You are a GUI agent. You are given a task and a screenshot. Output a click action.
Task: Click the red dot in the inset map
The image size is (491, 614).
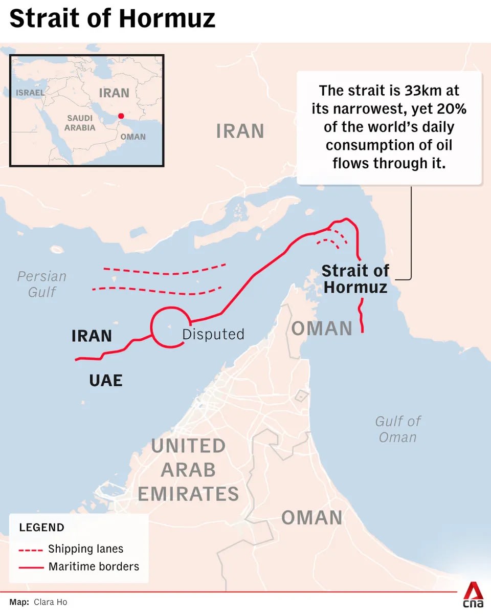121,116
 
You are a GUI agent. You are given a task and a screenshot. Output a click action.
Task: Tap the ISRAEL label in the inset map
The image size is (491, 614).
30,93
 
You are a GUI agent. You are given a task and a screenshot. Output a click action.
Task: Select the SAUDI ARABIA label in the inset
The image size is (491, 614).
80,123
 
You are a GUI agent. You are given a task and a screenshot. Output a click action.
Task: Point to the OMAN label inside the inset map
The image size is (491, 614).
133,137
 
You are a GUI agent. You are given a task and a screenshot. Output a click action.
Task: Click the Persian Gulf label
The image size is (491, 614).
42,284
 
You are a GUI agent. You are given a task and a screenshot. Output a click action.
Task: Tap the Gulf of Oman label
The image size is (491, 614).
398,429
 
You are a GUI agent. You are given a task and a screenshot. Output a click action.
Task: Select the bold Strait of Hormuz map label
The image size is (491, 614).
355,278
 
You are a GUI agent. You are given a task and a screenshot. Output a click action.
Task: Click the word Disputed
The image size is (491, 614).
213,334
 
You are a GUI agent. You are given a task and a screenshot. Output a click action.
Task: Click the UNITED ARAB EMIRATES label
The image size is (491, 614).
188,470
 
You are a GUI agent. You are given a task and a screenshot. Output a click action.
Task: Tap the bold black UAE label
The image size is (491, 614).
106,380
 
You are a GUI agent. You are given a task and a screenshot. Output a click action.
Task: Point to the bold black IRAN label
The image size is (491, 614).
92,336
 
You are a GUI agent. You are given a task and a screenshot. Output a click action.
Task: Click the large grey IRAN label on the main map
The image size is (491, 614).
240,131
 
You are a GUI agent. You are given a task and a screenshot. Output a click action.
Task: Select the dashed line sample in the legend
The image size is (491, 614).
31,551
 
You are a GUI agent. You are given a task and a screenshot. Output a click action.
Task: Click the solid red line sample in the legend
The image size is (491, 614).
31,567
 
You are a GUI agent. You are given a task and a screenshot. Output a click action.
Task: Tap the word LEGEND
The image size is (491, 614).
42,528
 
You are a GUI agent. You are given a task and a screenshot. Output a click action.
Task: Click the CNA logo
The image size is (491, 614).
474,595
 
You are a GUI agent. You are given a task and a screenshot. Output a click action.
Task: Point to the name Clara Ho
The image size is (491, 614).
50,602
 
